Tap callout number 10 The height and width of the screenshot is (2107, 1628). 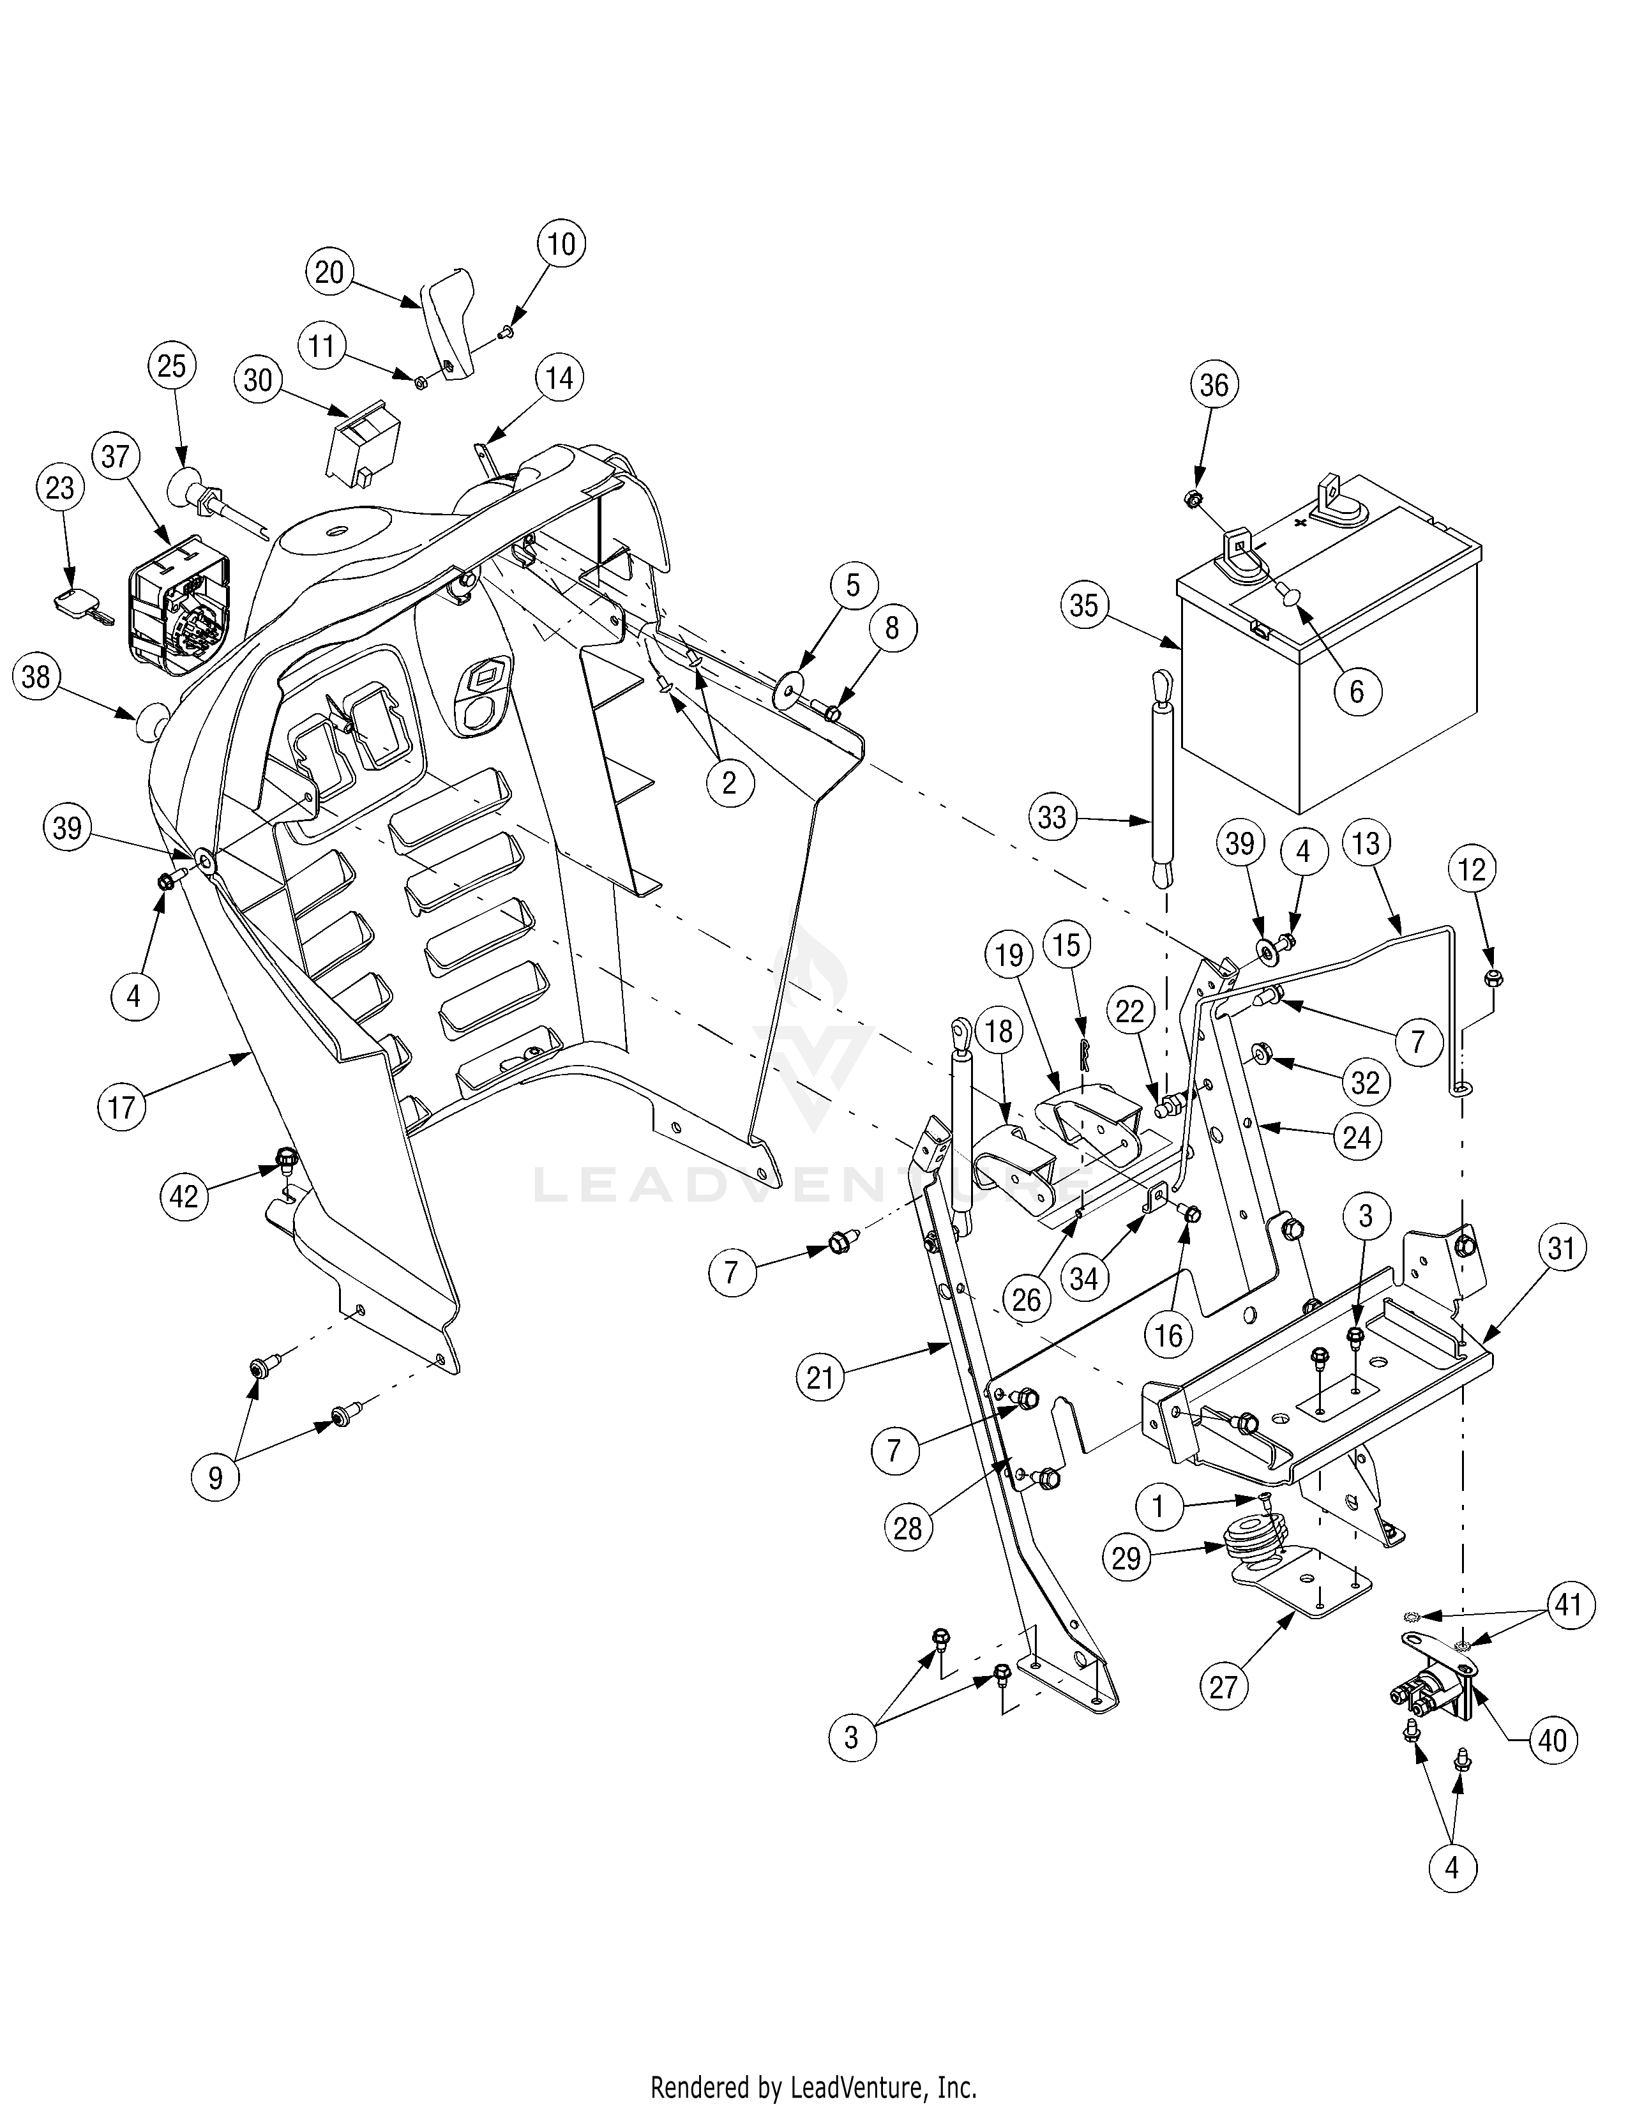pyautogui.click(x=561, y=243)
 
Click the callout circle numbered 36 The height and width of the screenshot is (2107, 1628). pyautogui.click(x=1213, y=385)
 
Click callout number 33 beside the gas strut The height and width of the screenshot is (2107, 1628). pyautogui.click(x=1051, y=817)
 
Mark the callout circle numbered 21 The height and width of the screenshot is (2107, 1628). pyautogui.click(x=820, y=1378)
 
